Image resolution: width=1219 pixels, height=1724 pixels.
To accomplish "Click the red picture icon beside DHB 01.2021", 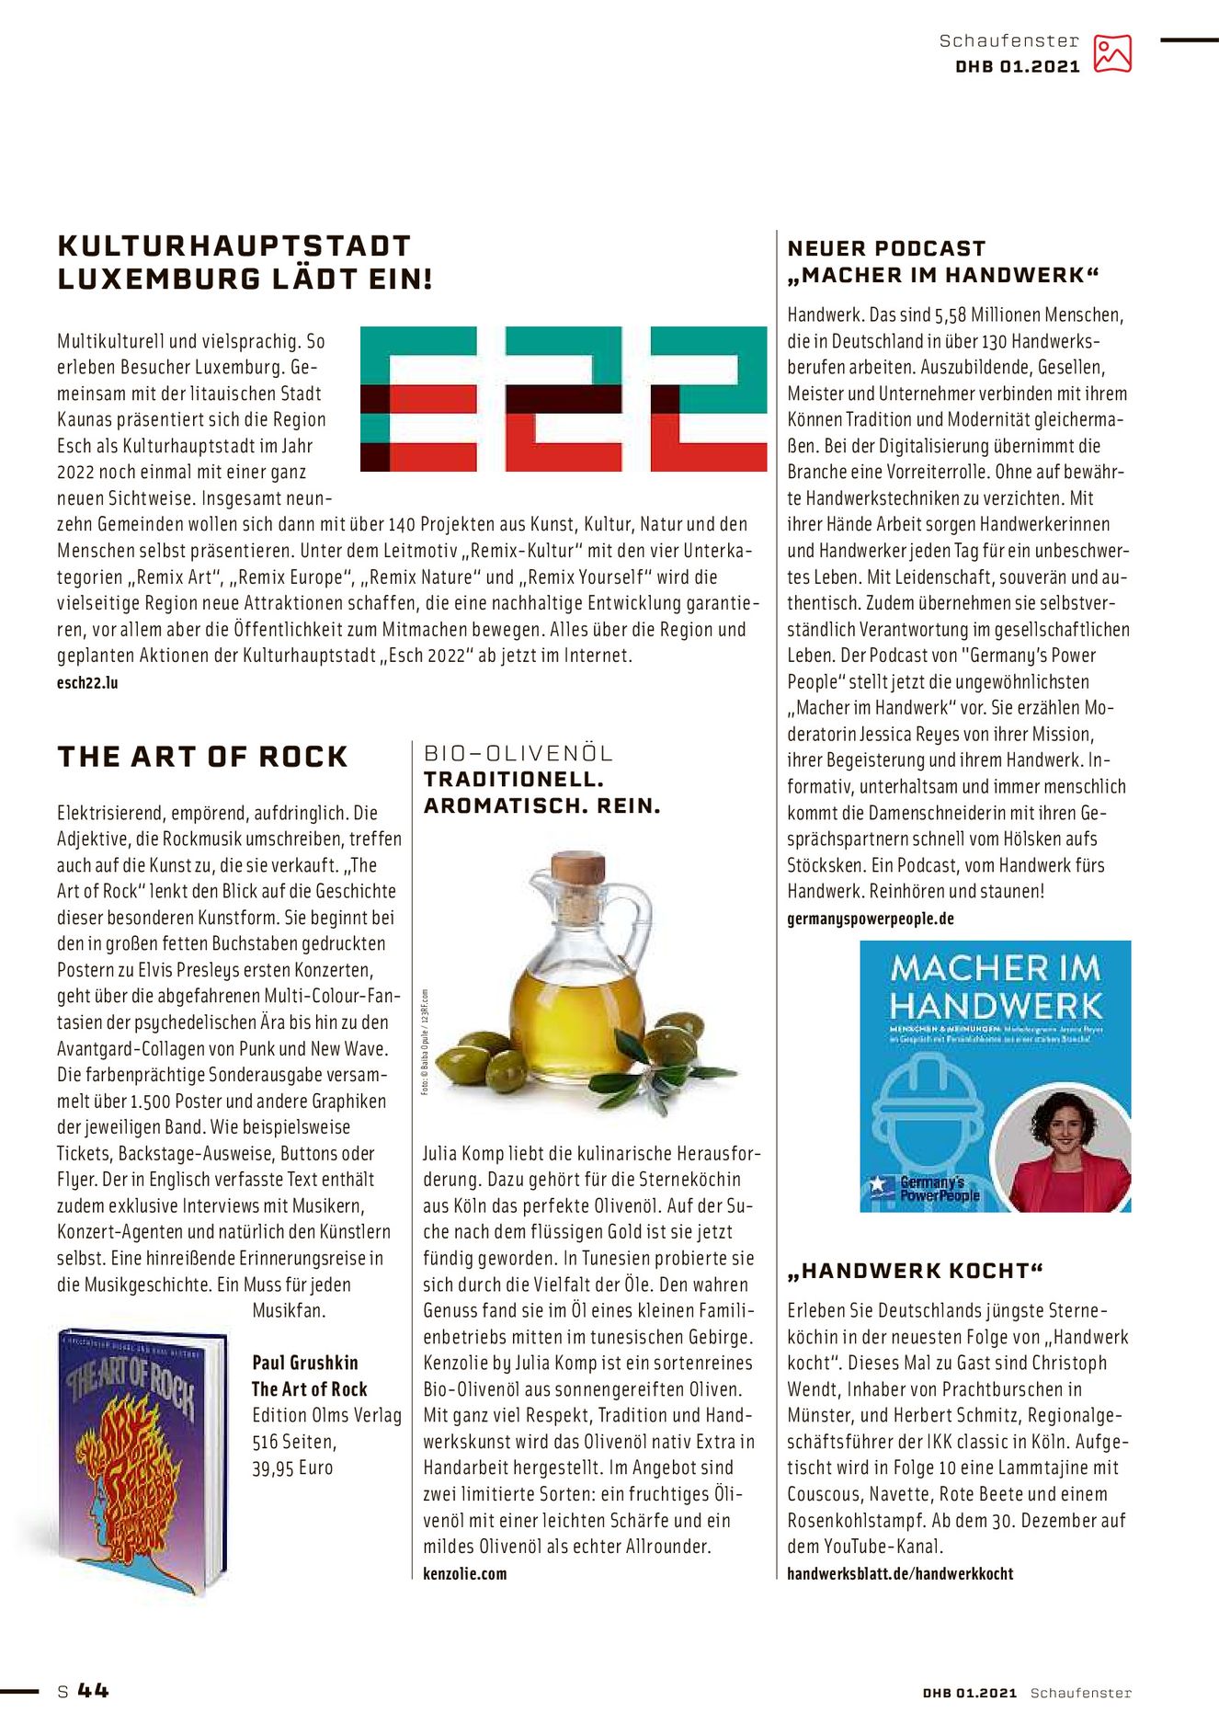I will [x=1111, y=53].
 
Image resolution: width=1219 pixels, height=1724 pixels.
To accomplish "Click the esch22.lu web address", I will [x=87, y=683].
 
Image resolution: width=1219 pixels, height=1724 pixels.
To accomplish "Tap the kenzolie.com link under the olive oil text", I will [x=464, y=1573].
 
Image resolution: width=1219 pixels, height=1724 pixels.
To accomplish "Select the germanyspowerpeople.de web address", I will [x=870, y=919].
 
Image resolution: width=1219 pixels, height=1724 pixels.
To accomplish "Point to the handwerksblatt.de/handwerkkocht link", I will [x=899, y=1573].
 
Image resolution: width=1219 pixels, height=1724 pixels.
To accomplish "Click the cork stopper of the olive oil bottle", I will [x=578, y=868].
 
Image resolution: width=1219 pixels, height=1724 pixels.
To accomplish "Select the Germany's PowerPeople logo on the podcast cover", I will [x=924, y=1189].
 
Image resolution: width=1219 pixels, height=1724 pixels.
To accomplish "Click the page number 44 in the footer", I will [x=93, y=1690].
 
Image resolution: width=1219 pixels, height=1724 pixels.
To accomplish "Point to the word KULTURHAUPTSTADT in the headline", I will [x=234, y=246].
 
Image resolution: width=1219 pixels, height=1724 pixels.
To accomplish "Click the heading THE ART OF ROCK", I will [x=202, y=757].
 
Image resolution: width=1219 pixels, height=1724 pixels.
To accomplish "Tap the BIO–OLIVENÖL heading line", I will [x=518, y=754].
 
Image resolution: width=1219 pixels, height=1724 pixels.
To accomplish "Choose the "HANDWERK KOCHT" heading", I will [x=916, y=1272].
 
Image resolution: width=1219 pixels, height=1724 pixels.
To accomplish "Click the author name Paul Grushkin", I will [x=305, y=1363].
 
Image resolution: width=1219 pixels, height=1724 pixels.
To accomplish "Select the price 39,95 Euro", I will [x=292, y=1467].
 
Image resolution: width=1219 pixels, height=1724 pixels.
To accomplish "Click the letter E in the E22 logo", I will [x=418, y=399].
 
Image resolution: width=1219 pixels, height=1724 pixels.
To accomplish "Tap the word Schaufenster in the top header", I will [x=1008, y=40].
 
